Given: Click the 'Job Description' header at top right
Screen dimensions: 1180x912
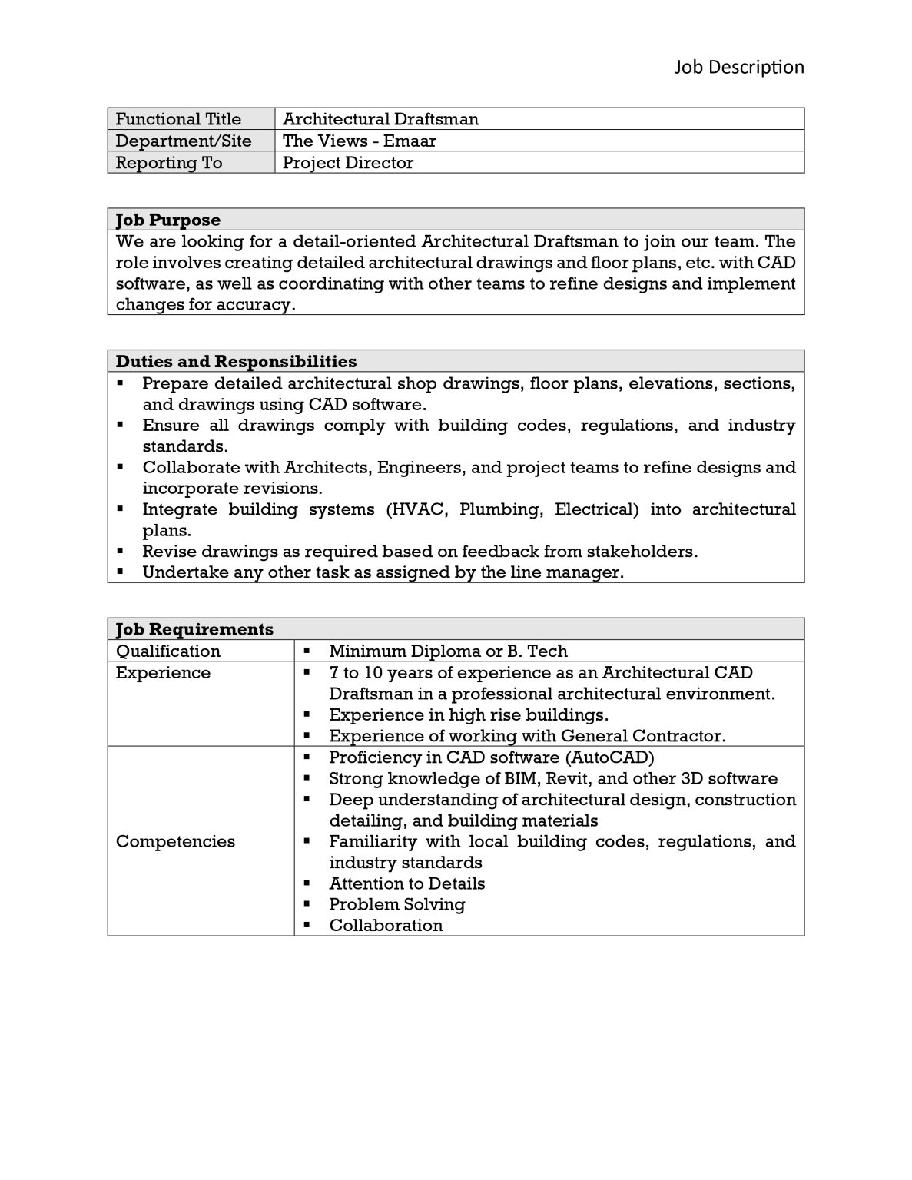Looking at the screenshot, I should coord(738,68).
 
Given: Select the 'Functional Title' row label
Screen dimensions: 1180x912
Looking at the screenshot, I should coord(178,119).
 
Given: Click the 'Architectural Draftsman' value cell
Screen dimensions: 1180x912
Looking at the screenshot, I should coord(380,119).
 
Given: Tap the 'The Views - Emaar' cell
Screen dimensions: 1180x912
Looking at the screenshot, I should coord(359,141).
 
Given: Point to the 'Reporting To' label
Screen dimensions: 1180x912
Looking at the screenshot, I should coord(168,163).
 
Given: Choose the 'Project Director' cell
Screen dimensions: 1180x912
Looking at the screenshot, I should coord(347,163).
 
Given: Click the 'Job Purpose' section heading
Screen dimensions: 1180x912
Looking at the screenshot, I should coord(167,220).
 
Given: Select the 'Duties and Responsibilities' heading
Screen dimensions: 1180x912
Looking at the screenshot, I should coord(236,361).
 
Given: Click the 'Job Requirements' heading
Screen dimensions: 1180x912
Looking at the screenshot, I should coord(194,629).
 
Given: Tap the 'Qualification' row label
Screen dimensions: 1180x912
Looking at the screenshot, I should coord(167,651).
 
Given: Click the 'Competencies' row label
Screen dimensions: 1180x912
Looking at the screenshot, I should coord(175,841).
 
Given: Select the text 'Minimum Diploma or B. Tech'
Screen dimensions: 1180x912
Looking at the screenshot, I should coord(448,651).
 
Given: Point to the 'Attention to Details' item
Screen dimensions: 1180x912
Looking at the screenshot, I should coord(406,883).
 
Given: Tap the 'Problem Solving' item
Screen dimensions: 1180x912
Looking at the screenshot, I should coord(396,904).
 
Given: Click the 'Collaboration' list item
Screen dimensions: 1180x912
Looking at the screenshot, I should coord(386,925).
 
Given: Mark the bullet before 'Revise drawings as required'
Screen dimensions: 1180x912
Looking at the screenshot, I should coord(121,551).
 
